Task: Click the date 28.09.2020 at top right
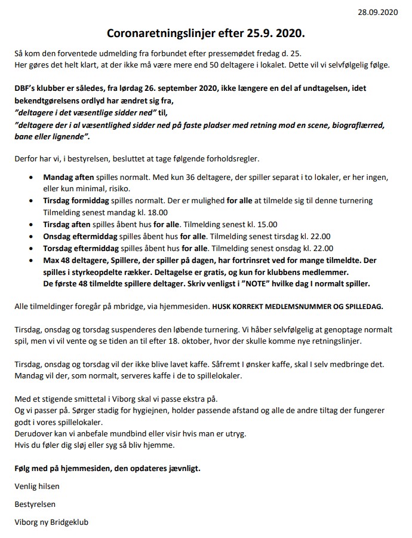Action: (x=378, y=11)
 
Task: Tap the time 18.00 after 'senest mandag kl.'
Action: (x=156, y=212)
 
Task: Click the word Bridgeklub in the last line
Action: (x=67, y=522)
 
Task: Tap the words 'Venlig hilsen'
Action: (x=37, y=487)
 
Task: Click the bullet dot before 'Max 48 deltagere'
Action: (x=31, y=260)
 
